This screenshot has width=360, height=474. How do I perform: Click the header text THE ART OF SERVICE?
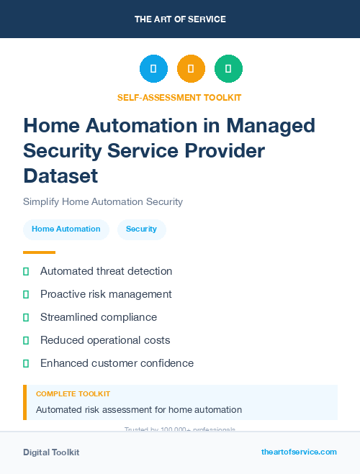[x=180, y=19]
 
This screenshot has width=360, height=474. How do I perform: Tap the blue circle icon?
[x=153, y=69]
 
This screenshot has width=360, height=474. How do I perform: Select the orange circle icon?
[x=191, y=69]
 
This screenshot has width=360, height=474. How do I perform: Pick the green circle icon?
[x=228, y=69]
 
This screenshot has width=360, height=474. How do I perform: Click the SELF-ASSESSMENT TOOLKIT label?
[x=179, y=97]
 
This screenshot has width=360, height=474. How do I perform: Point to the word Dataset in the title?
[x=60, y=175]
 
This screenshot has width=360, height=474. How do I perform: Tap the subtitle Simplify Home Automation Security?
[x=103, y=201]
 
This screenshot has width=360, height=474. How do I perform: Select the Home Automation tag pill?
[x=66, y=229]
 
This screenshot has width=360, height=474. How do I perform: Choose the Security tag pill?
[x=141, y=229]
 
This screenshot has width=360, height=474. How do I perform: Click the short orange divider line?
[x=39, y=252]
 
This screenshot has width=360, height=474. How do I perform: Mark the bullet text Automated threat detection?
[x=106, y=271]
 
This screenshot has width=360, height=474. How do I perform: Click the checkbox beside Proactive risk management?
[x=26, y=294]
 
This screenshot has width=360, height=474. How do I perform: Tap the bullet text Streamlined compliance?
[x=98, y=317]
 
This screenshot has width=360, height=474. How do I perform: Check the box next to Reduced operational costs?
[x=26, y=340]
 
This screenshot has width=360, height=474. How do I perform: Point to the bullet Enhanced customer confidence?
[x=117, y=363]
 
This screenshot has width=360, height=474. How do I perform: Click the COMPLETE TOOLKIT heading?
[x=73, y=394]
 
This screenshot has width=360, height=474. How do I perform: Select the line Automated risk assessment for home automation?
[x=139, y=410]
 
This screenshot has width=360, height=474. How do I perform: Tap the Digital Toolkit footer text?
[x=51, y=452]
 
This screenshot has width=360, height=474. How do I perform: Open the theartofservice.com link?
[x=299, y=452]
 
